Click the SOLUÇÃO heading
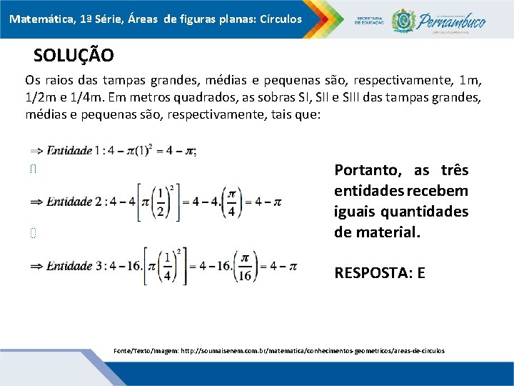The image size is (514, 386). point(74,55)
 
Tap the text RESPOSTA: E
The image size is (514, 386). point(379,272)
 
